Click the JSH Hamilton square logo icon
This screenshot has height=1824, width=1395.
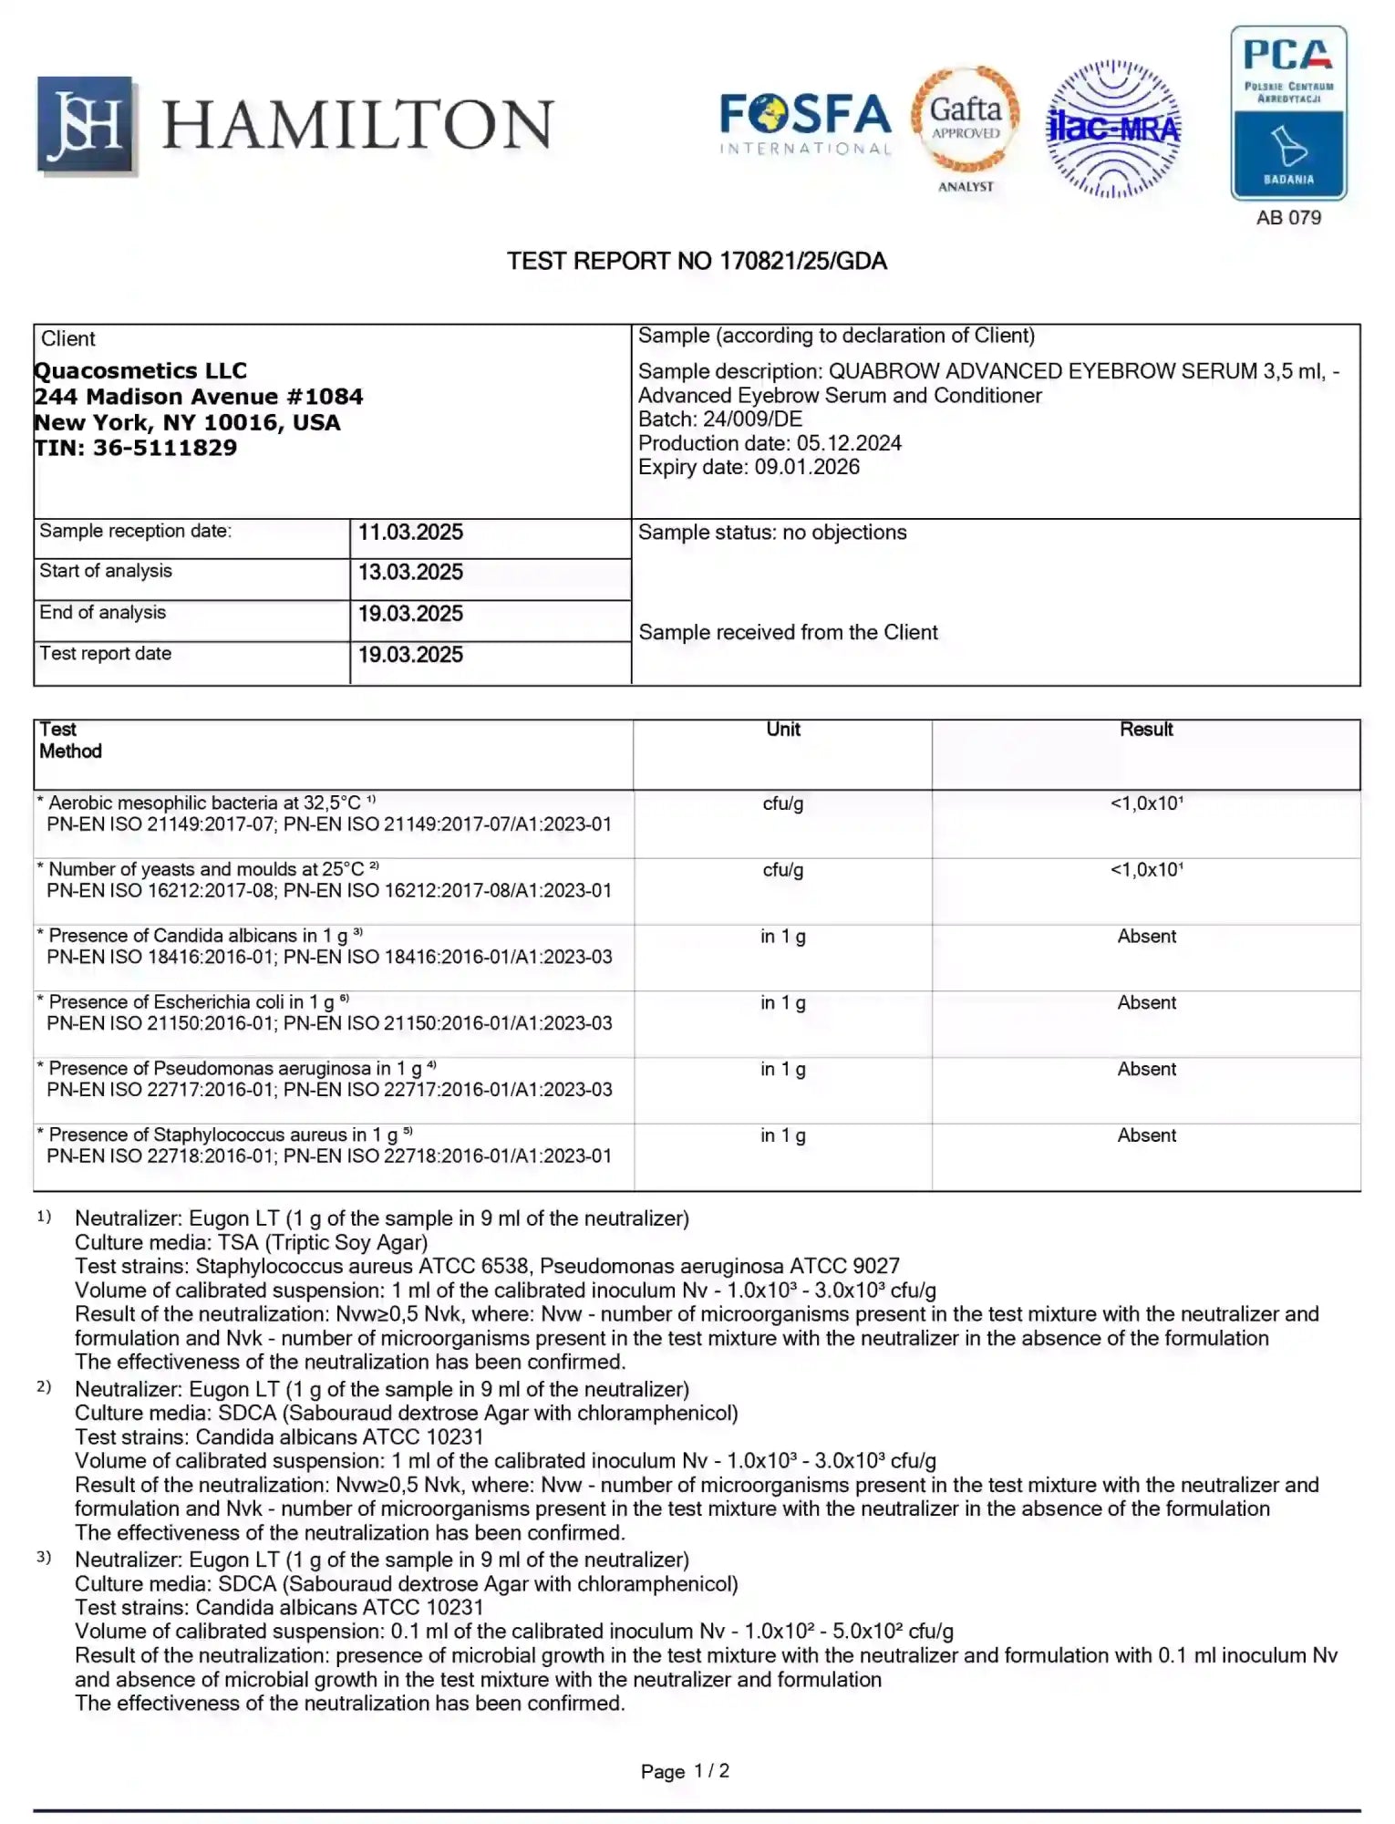pyautogui.click(x=86, y=125)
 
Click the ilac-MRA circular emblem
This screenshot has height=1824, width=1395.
pyautogui.click(x=1112, y=129)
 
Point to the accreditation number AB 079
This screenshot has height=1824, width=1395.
pyautogui.click(x=1287, y=218)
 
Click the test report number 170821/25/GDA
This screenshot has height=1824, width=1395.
pyautogui.click(x=802, y=262)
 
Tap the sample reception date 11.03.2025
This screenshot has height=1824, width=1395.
pyautogui.click(x=410, y=533)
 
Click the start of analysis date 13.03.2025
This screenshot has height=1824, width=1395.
pyautogui.click(x=410, y=573)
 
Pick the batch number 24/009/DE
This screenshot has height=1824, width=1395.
pyautogui.click(x=752, y=420)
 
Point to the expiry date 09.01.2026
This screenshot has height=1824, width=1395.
pyautogui.click(x=806, y=467)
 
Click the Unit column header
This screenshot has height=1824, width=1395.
pyautogui.click(x=782, y=730)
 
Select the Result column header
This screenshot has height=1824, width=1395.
pyautogui.click(x=1146, y=730)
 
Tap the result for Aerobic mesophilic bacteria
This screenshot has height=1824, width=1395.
pyautogui.click(x=1146, y=803)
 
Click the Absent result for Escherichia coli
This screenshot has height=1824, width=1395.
pyautogui.click(x=1146, y=1003)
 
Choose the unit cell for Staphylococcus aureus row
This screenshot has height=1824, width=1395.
pyautogui.click(x=782, y=1135)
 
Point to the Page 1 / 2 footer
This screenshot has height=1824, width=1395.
pyautogui.click(x=685, y=1771)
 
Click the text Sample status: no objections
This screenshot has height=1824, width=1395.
pyautogui.click(x=772, y=533)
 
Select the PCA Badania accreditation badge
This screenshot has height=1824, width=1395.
pyautogui.click(x=1287, y=112)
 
